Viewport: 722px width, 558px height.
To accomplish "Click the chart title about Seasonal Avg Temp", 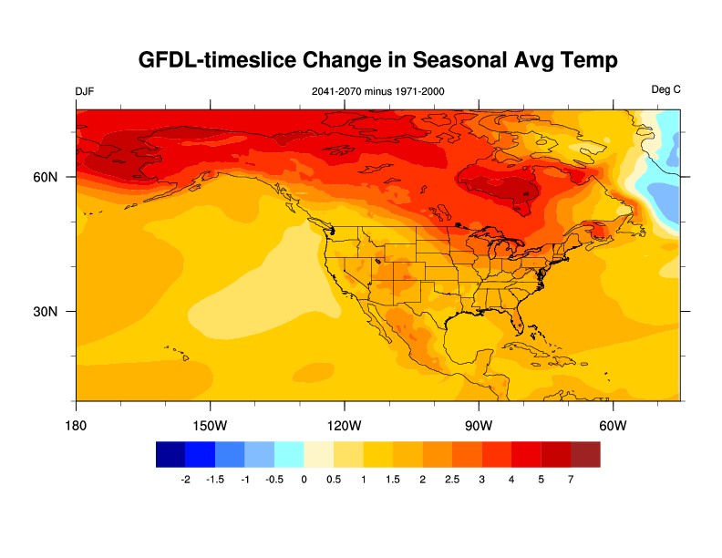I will (x=378, y=60).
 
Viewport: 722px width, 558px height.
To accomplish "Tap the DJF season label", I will (x=85, y=91).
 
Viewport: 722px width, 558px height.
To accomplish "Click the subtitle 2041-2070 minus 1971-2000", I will (x=377, y=91).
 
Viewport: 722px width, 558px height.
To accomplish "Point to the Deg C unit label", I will (x=665, y=90).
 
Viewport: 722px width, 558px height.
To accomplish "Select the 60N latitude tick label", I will (x=46, y=177).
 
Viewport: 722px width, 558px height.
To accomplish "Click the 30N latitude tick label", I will (x=46, y=311).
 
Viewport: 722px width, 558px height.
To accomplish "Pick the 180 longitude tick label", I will (x=76, y=426).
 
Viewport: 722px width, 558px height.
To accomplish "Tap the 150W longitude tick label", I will (x=210, y=426).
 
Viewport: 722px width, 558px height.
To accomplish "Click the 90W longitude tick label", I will (x=478, y=426).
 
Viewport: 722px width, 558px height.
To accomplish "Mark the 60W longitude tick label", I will (x=612, y=426).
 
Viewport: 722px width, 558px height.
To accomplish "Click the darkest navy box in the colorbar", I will (x=170, y=453).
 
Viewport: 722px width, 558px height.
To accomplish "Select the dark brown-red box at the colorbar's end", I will (x=585, y=453).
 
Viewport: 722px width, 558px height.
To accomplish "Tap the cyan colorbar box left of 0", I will (x=289, y=453).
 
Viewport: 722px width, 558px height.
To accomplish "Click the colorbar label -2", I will (x=185, y=480).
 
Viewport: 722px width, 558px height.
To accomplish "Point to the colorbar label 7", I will (x=571, y=480).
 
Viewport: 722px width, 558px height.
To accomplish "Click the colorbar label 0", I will (x=304, y=480).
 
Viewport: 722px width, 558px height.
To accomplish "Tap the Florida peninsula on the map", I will (x=519, y=319).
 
